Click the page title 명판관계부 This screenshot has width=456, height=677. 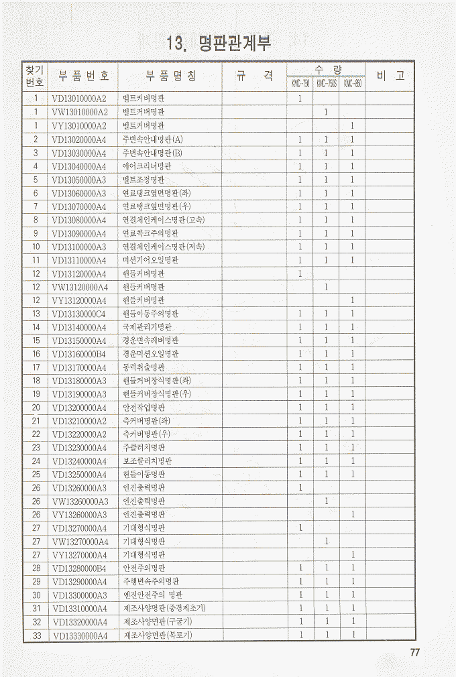tap(221, 44)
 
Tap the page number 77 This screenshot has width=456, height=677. tap(414, 654)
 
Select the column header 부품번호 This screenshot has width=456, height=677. tap(84, 76)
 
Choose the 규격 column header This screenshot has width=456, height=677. tap(254, 76)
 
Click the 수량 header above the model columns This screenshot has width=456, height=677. tap(326, 69)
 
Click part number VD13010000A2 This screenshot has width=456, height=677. tap(79, 99)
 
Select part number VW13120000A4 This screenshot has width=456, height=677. tap(79, 287)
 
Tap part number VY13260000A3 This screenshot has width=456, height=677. tap(79, 515)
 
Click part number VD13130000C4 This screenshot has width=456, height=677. tap(79, 314)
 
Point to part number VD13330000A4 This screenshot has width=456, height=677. tap(79, 635)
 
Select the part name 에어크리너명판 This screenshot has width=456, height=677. tap(147, 166)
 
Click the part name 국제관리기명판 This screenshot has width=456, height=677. tap(147, 327)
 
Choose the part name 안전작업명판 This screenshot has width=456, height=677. tap(144, 408)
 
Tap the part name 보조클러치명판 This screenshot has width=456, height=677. tap(147, 461)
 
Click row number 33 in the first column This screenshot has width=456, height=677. tap(36, 635)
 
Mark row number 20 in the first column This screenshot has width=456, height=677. tap(36, 408)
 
